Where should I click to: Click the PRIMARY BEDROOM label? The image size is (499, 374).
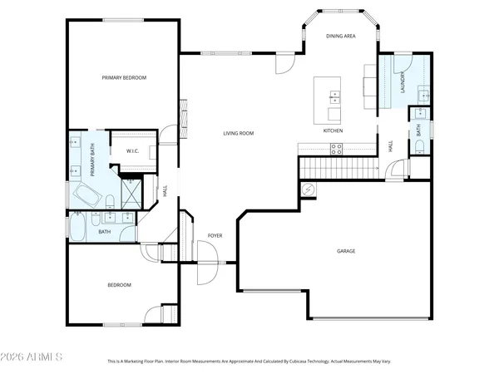pyautogui.click(x=124, y=77)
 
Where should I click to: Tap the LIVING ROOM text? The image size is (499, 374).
pyautogui.click(x=238, y=133)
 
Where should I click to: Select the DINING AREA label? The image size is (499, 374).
pyautogui.click(x=341, y=37)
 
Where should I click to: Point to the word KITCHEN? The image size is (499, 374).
pyautogui.click(x=333, y=131)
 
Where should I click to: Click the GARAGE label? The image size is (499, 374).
pyautogui.click(x=346, y=250)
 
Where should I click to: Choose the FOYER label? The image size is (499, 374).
pyautogui.click(x=215, y=237)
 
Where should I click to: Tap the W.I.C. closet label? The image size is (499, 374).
pyautogui.click(x=132, y=150)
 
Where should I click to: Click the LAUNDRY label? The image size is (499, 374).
pyautogui.click(x=403, y=84)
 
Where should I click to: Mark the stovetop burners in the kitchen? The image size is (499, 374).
pyautogui.click(x=337, y=149)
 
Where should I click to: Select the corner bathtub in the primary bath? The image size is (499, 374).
pyautogui.click(x=85, y=196)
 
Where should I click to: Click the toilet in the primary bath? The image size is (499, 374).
pyautogui.click(x=109, y=199)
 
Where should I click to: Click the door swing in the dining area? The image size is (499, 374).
pyautogui.click(x=285, y=62)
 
